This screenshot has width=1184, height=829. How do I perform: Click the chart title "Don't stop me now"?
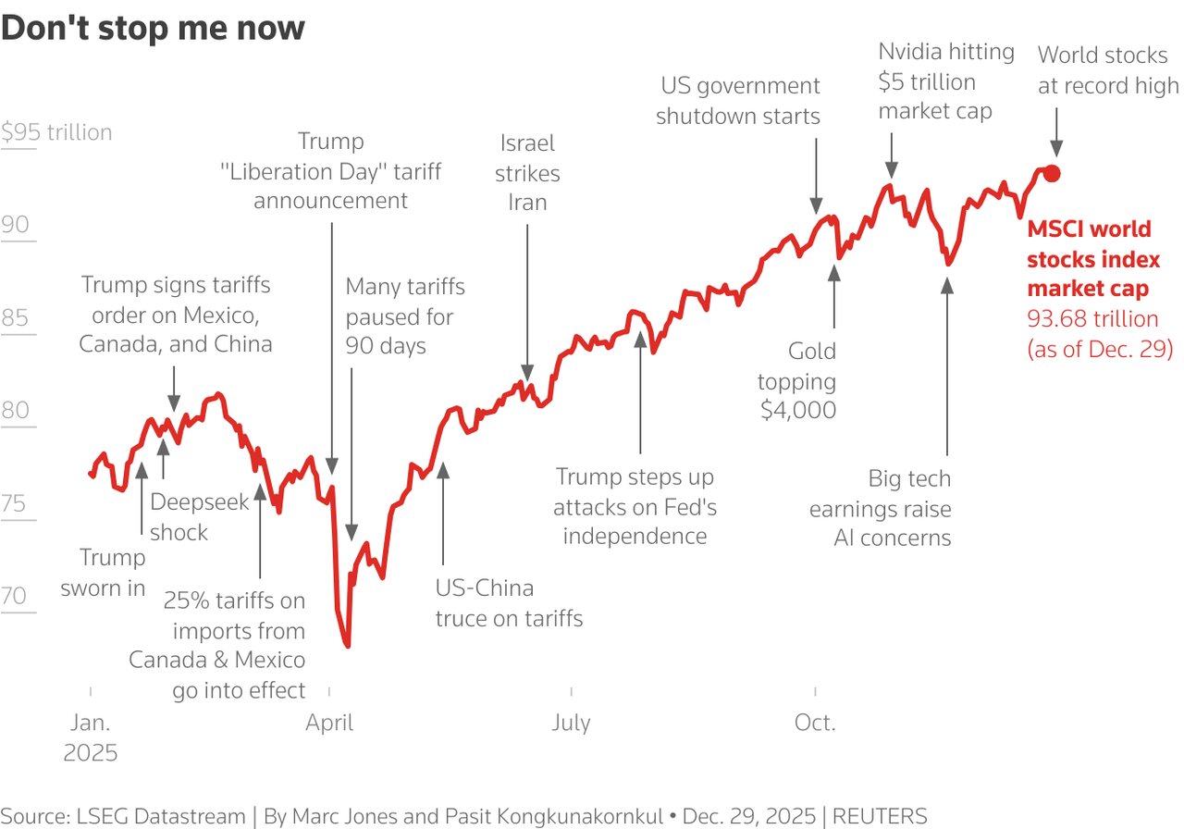(x=153, y=28)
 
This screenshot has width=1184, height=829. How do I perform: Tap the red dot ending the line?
(x=1052, y=173)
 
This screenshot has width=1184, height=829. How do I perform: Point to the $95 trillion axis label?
(x=56, y=132)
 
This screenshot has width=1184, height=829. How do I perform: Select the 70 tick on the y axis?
(x=15, y=596)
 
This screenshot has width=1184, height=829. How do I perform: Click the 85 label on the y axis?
(x=16, y=318)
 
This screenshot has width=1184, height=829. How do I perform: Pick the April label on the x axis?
(x=329, y=723)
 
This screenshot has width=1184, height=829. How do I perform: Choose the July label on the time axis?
(x=571, y=723)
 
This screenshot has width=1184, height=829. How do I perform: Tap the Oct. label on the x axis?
(x=815, y=723)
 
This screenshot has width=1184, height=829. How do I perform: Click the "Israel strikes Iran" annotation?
(x=528, y=173)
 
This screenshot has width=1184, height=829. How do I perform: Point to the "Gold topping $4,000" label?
(x=797, y=380)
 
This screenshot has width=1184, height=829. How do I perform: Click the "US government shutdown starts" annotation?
(x=739, y=101)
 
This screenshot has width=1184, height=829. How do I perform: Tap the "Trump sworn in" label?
(x=104, y=573)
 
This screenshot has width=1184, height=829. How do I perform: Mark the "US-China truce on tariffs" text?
(x=509, y=603)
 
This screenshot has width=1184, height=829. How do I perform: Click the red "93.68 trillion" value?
(x=1092, y=319)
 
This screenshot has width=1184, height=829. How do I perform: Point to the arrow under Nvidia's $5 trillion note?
(x=891, y=153)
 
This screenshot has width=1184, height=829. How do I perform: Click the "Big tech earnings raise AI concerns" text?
(x=880, y=508)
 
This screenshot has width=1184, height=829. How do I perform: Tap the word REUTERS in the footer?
(x=880, y=816)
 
